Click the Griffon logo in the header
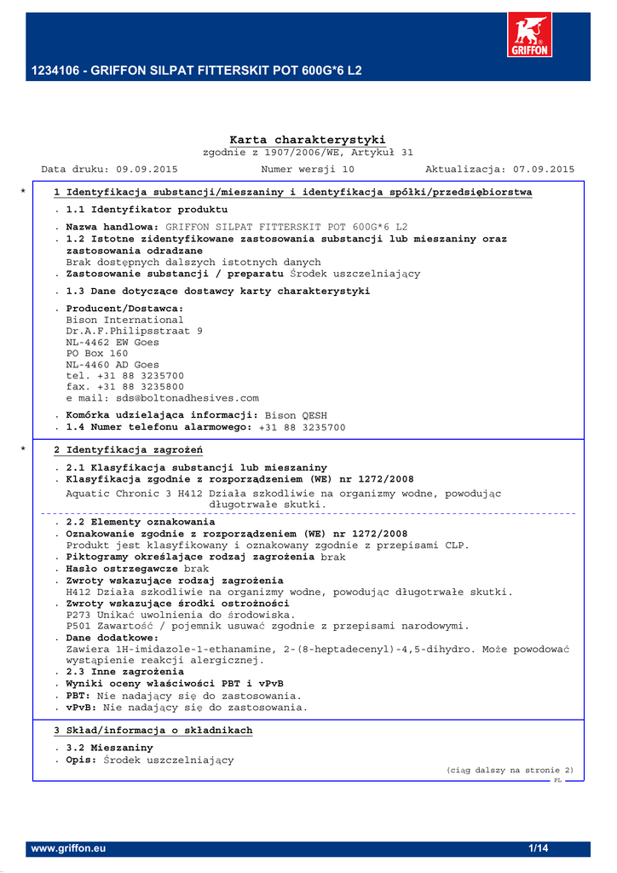click(529, 35)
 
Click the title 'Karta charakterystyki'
click(308, 140)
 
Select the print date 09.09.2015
click(147, 170)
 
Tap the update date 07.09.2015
click(544, 170)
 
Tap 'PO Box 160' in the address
click(97, 354)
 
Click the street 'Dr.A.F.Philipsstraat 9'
click(135, 332)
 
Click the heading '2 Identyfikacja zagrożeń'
click(128, 450)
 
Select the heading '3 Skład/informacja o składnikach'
click(153, 731)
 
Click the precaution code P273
click(79, 615)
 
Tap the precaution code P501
click(79, 626)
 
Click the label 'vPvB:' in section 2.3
click(81, 708)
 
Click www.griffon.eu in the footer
click(68, 849)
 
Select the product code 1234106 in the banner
click(53, 71)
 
